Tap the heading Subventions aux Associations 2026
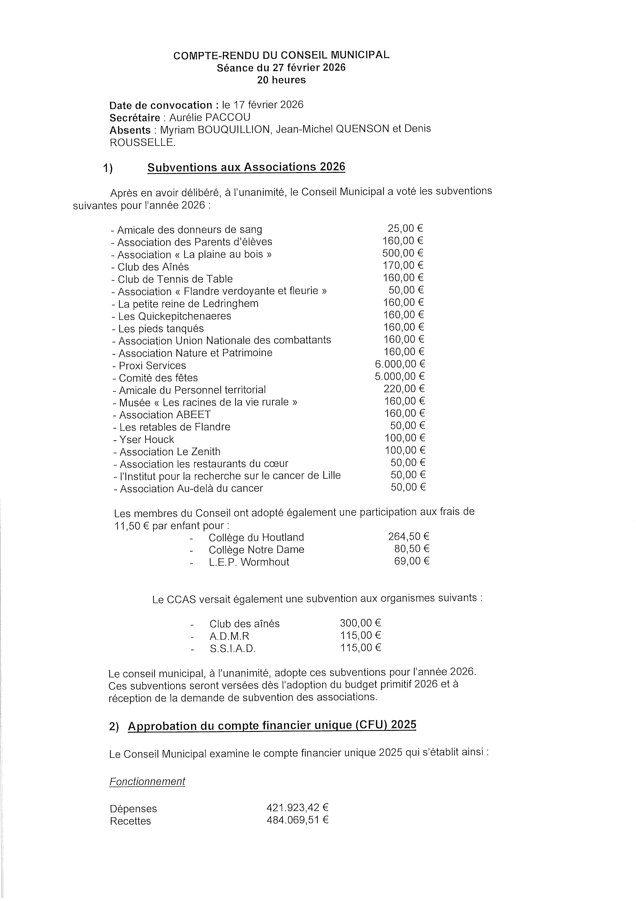tap(246, 167)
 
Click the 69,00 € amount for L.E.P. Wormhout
tap(412, 561)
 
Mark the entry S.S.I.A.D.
tap(232, 649)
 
